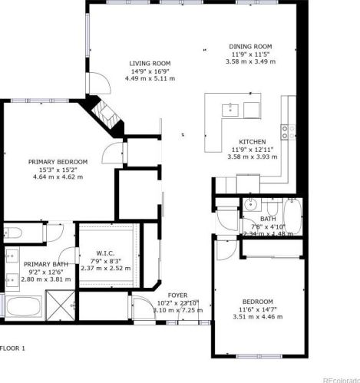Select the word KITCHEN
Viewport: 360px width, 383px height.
[252, 142]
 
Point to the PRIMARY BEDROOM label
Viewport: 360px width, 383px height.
[58, 161]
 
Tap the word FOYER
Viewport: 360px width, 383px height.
[177, 294]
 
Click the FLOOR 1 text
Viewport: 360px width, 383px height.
[13, 348]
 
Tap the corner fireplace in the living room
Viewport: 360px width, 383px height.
[105, 113]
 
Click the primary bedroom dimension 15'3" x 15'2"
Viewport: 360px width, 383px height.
[58, 170]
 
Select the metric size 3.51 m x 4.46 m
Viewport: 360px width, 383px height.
[253, 316]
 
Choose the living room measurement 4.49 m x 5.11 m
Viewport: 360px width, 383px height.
[150, 78]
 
